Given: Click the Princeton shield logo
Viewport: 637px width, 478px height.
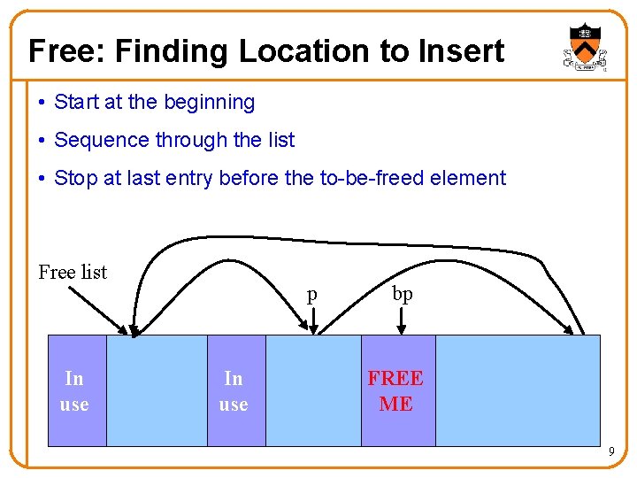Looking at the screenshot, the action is click(586, 49).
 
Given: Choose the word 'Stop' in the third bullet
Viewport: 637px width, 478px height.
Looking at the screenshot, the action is click(75, 178).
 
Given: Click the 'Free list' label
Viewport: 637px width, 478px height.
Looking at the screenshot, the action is click(73, 272).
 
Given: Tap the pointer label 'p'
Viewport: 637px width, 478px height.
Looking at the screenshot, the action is click(311, 296).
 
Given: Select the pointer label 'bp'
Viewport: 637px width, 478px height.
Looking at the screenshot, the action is click(403, 294).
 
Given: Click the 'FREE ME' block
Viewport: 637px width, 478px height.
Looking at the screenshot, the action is click(397, 390).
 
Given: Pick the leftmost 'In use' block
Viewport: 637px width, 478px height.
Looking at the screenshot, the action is click(75, 390).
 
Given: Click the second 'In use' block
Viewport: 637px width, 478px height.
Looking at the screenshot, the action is click(234, 390).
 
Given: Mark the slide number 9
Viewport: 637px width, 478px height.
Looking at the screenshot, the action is click(611, 453).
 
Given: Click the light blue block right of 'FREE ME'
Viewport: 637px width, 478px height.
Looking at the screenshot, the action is click(518, 390).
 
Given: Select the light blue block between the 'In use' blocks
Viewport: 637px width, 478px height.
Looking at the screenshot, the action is click(157, 390).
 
